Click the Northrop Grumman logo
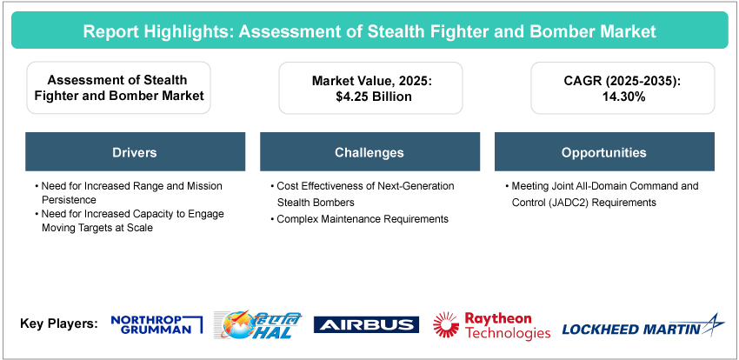coord(156,324)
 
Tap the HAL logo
coord(257,324)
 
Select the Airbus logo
coord(366,324)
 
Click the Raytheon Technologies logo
coord(491,325)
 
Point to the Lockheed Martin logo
coord(643,326)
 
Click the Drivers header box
coord(136,151)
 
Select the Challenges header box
coord(369,151)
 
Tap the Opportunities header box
coord(604,151)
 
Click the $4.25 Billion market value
coord(370,97)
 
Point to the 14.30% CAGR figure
coord(622,97)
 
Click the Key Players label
coord(59,324)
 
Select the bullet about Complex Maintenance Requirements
coord(360,219)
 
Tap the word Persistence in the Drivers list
coord(69,200)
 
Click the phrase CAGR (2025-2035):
coord(622,81)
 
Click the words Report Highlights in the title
coord(157,31)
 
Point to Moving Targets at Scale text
coord(97,228)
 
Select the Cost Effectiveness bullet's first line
coord(363,186)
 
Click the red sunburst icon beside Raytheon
coord(446,324)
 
